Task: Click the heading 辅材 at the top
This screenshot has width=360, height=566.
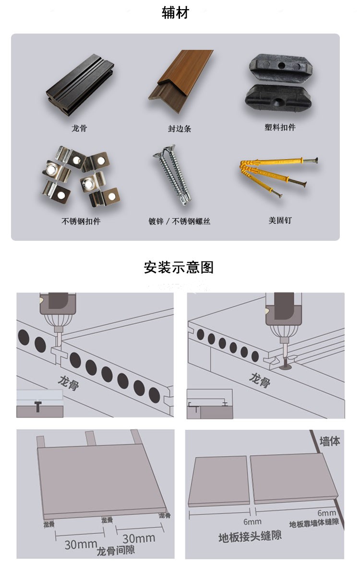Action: pyautogui.click(x=176, y=13)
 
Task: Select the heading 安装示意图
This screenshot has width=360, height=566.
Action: pyautogui.click(x=179, y=267)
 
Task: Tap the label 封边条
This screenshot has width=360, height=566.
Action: pyautogui.click(x=180, y=129)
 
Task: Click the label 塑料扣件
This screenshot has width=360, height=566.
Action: pyautogui.click(x=280, y=128)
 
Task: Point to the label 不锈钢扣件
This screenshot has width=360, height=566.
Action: pyautogui.click(x=81, y=221)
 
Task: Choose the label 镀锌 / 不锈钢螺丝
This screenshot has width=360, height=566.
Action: pyautogui.click(x=179, y=221)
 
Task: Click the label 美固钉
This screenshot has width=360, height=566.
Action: pyautogui.click(x=280, y=220)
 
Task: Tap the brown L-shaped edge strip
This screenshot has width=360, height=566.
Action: pyautogui.click(x=180, y=76)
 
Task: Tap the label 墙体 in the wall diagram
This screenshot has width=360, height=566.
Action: pyautogui.click(x=329, y=441)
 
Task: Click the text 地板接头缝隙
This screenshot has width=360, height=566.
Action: pyautogui.click(x=250, y=536)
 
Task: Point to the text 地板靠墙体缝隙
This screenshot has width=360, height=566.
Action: pyautogui.click(x=314, y=523)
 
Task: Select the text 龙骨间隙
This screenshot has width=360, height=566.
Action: pyautogui.click(x=116, y=551)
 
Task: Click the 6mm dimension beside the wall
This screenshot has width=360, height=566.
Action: pyautogui.click(x=326, y=513)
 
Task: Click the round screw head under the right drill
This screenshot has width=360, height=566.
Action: pyautogui.click(x=286, y=368)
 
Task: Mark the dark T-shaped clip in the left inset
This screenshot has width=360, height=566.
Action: pyautogui.click(x=38, y=406)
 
